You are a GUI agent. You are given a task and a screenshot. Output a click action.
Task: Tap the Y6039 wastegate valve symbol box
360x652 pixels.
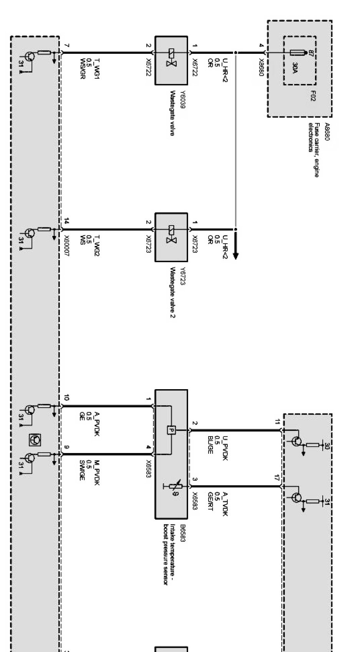[171, 60]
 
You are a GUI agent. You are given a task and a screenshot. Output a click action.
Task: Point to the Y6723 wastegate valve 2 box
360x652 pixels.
[171, 237]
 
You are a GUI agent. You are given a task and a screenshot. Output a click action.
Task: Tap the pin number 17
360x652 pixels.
[277, 478]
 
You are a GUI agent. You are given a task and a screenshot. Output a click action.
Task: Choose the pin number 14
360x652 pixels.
[66, 221]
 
